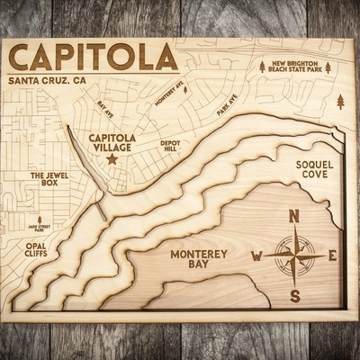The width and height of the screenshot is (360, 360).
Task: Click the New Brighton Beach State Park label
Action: click(294, 68)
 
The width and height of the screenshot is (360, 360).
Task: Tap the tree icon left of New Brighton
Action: click(262, 67)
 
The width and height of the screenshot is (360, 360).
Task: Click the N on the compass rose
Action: click(294, 216)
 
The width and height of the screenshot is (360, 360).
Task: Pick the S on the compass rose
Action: click(294, 296)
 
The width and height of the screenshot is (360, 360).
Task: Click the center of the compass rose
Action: click(294, 256)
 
